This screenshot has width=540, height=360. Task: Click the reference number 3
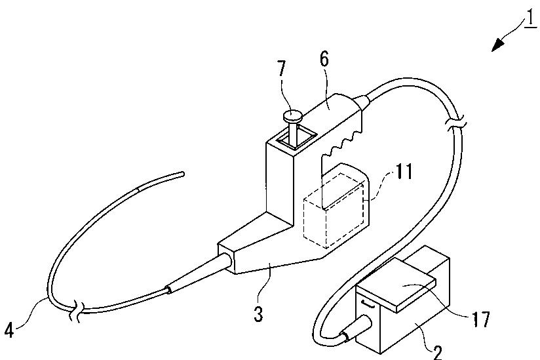pyautogui.click(x=258, y=314)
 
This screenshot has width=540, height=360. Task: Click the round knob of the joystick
pyautogui.click(x=293, y=117)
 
